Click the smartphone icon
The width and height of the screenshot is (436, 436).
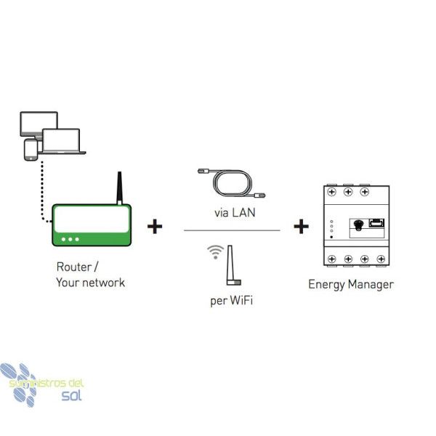coord(31,150)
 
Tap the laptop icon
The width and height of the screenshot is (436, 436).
coord(62,141)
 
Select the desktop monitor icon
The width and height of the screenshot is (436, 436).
coord(39,124)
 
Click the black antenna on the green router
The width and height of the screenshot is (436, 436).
coord(120,188)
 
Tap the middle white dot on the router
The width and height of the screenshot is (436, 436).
coord(70,239)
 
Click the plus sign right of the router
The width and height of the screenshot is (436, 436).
coord(155,226)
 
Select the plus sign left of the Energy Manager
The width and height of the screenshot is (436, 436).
coord(301,226)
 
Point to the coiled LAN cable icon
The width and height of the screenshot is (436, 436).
coord(232,183)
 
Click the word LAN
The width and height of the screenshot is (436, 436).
coord(243,213)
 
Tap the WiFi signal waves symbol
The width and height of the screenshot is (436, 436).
coord(216,252)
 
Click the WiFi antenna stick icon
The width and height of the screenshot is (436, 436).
coord(233,265)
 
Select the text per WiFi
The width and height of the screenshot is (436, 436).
coord(232,301)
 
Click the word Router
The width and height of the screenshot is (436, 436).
coord(74,267)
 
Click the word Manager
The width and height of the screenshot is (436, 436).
coord(371,284)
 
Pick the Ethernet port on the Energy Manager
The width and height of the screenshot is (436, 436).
coord(376,223)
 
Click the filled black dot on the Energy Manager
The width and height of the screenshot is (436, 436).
coord(331,237)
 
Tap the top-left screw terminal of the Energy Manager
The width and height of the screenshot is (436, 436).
coord(332,192)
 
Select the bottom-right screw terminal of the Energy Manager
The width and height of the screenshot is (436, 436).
coord(381,259)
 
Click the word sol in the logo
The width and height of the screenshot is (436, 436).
coord(72,395)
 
